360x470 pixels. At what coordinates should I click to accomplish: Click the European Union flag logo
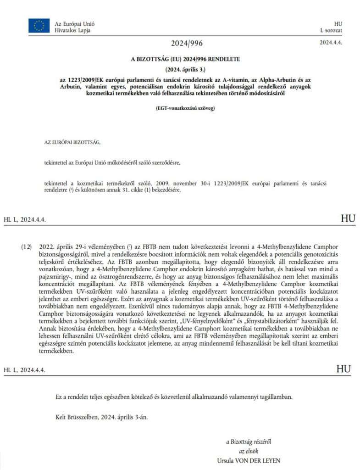(x=39, y=26)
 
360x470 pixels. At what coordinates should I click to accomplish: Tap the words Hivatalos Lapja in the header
(x=72, y=30)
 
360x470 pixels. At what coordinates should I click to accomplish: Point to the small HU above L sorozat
(x=338, y=23)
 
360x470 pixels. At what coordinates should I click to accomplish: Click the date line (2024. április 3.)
(x=186, y=69)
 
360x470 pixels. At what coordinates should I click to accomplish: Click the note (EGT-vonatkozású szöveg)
(x=186, y=108)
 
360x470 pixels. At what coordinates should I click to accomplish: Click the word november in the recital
(x=177, y=182)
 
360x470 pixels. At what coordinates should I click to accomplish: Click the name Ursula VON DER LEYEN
(x=249, y=460)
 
